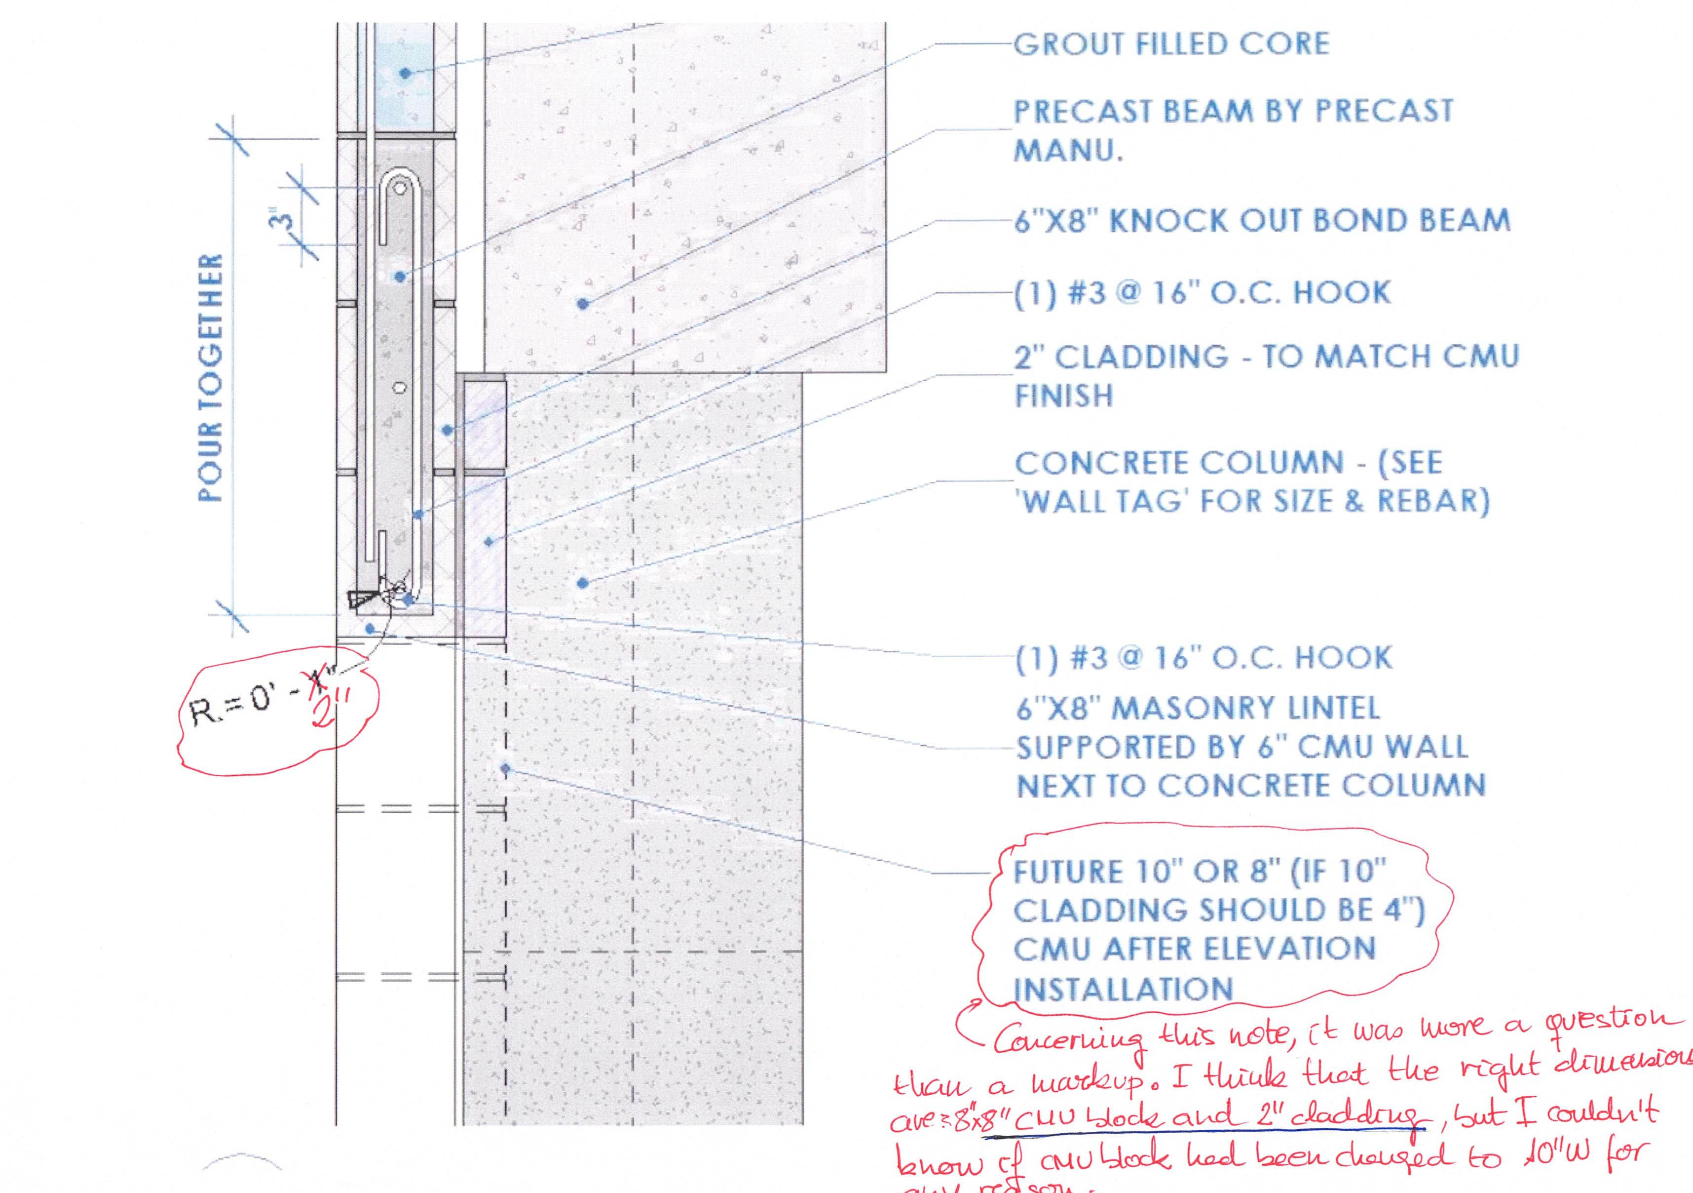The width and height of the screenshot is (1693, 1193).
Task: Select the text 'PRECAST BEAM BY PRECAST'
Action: point(1233,112)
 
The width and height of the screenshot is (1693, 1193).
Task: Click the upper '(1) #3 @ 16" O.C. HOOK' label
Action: point(1203,292)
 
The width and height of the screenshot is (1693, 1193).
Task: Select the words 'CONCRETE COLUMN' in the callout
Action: point(1179,463)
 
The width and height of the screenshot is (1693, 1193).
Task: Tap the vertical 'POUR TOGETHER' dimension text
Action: point(211,378)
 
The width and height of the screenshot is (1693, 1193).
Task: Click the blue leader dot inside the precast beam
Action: point(583,303)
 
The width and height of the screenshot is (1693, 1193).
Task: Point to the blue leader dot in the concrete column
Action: point(583,583)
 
